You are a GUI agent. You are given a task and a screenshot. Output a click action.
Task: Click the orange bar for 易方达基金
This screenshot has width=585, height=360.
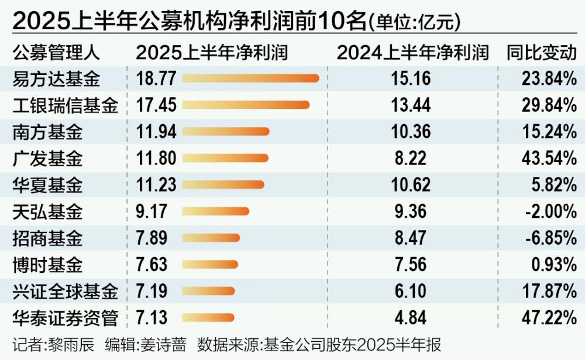252,78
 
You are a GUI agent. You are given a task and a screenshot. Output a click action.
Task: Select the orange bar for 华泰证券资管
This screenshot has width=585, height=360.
209,318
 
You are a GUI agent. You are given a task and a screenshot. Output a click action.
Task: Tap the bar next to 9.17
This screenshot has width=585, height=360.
216,211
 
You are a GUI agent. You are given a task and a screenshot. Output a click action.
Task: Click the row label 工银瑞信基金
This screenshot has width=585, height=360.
65,105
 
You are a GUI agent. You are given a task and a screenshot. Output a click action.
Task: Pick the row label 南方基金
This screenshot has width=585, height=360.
47,132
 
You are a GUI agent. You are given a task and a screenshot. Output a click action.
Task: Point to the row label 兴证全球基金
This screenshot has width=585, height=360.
65,292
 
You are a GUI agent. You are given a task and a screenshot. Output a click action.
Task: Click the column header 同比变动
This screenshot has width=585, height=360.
541,52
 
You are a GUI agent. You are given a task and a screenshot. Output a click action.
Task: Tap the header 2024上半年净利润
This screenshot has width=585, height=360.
412,52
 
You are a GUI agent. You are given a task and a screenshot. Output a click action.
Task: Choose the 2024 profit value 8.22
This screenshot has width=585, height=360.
412,158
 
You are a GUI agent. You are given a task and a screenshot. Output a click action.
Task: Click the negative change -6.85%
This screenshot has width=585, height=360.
550,238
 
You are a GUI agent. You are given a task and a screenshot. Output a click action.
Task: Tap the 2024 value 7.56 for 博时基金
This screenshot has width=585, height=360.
412,265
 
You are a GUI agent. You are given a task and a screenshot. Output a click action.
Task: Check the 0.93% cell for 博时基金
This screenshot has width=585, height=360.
553,265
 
